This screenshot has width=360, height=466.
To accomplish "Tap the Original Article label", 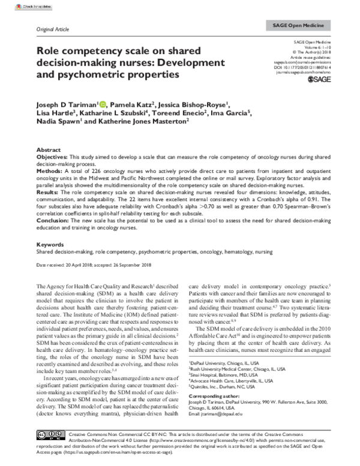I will coord(53,29).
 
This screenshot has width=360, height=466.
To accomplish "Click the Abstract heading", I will coord(49,149).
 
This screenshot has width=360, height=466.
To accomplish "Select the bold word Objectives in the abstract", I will coord(52,156).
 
